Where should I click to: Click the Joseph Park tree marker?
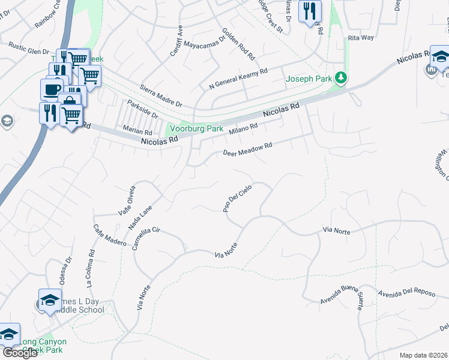(341, 78)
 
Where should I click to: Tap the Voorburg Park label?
(196, 128)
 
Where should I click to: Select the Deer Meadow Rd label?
(247, 149)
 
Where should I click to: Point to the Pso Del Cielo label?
(237, 198)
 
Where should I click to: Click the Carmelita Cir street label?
(146, 241)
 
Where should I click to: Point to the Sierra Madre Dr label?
(160, 95)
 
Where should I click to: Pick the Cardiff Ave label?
(176, 41)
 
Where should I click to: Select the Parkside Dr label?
(142, 109)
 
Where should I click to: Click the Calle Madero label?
(108, 235)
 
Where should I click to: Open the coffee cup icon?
(52, 89)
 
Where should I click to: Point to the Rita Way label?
(361, 37)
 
